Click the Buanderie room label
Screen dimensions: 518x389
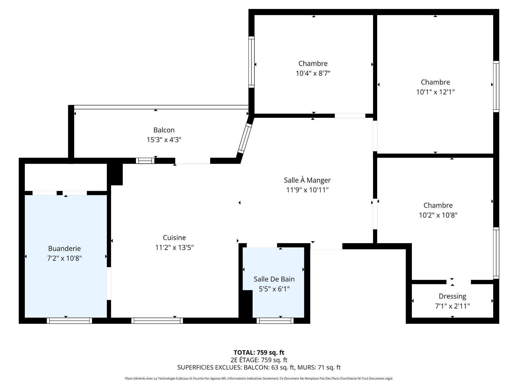point(64,249)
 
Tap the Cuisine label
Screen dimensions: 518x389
point(174,238)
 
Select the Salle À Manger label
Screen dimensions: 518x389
point(307,180)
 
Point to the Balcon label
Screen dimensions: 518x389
point(164,130)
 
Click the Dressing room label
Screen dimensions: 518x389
point(452,296)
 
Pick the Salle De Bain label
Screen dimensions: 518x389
point(274,279)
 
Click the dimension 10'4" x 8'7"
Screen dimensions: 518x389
point(313,73)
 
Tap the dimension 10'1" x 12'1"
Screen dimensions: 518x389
point(435,92)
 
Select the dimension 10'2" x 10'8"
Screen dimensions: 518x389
point(438,215)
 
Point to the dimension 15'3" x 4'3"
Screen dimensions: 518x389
point(164,140)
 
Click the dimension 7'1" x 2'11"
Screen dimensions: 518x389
point(452,306)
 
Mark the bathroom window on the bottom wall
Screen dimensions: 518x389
point(275,321)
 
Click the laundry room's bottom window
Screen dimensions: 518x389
point(69,321)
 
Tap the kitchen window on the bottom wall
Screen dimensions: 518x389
point(157,321)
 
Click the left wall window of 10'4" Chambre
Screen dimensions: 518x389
point(251,62)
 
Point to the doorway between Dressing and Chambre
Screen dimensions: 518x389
point(459,282)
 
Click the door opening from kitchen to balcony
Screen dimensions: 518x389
point(193,161)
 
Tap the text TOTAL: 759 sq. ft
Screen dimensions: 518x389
point(259,352)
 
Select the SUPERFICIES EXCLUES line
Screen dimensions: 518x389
point(259,367)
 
